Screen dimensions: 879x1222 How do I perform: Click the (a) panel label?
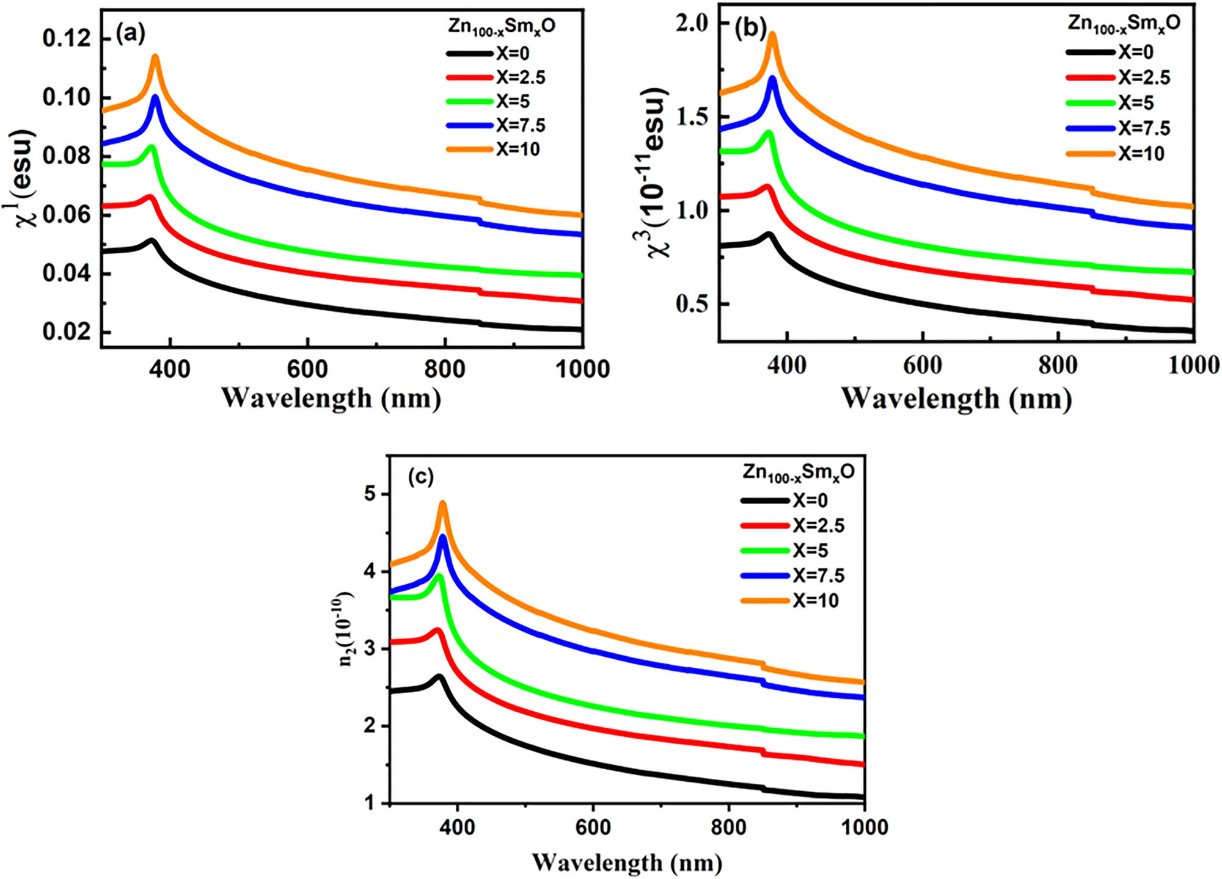130,34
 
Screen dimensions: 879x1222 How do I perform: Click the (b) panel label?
750,29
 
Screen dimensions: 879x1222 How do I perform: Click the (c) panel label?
420,477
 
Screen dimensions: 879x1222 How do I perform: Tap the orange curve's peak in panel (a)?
155,57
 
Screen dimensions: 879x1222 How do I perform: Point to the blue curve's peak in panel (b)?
772,79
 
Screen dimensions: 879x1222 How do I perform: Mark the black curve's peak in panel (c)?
438,677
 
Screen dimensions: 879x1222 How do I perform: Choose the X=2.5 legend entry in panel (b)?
1118,78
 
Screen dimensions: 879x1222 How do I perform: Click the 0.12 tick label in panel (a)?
67,38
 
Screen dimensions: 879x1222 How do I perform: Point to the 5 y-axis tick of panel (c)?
370,494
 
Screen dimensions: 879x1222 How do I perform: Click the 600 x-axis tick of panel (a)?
307,369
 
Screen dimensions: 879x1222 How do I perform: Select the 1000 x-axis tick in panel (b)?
1193,365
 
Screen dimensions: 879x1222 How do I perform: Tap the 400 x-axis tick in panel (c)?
457,827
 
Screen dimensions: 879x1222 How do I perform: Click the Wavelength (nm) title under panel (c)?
627,863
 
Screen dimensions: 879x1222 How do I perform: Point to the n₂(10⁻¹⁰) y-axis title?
346,628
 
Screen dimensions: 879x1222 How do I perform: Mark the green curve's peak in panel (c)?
439,576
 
